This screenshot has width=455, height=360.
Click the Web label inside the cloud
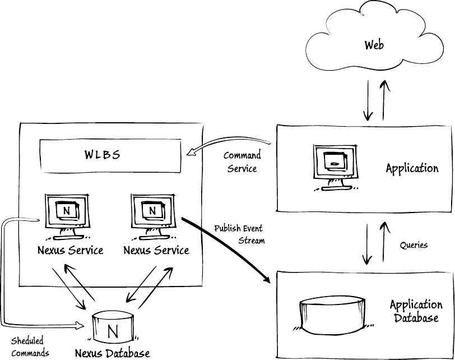[x=374, y=45]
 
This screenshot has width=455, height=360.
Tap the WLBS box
[x=110, y=155]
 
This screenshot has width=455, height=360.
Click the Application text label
[x=412, y=168]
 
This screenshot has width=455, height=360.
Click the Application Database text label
[x=416, y=311]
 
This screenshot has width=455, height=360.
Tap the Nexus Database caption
[x=113, y=353]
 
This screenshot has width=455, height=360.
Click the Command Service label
[x=242, y=161]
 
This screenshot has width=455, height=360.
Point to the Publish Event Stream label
[x=238, y=234]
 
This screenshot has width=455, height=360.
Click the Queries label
[x=414, y=245]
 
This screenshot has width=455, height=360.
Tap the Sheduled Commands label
[x=30, y=347]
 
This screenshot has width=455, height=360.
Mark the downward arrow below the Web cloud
[x=368, y=101]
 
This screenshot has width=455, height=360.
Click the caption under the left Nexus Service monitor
[x=70, y=250]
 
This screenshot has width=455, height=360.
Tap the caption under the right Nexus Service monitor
[x=156, y=250]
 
